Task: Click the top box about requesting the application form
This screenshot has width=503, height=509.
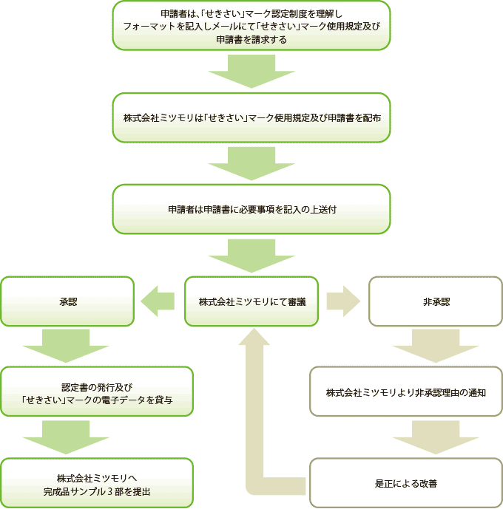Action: click(x=251, y=25)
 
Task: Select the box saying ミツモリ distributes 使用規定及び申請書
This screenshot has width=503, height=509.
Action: click(x=251, y=117)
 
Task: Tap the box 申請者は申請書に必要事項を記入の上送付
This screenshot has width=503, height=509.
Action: click(x=251, y=209)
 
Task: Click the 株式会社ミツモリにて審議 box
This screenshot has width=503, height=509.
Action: click(x=251, y=301)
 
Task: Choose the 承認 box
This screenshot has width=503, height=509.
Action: click(x=67, y=301)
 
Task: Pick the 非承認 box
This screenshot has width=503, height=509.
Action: click(x=436, y=301)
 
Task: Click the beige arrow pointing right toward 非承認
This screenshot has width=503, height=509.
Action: click(x=343, y=301)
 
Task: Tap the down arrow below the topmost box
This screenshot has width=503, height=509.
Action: click(x=251, y=72)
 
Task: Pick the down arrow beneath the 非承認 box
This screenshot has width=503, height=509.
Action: click(x=436, y=346)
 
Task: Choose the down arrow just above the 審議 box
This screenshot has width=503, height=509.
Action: click(x=251, y=256)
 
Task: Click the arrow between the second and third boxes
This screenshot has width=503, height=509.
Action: click(x=251, y=163)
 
